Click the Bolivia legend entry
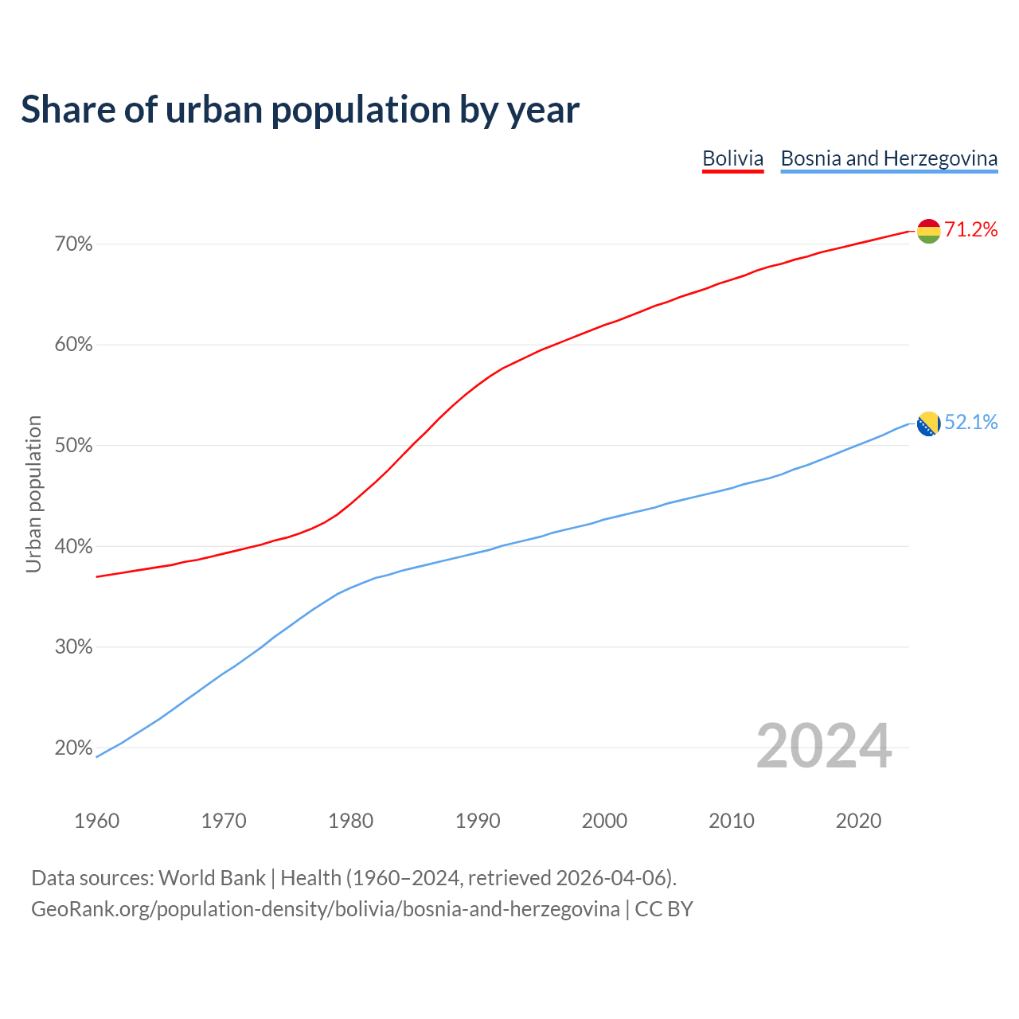732,158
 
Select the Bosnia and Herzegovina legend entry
888,158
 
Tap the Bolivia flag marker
928,231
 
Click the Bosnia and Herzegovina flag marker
928,424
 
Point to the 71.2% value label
970,230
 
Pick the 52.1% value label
970,423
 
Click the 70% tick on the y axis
73,244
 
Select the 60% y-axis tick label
73,345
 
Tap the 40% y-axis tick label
73,547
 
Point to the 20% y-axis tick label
73,748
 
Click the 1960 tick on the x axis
97,821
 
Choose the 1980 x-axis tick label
351,821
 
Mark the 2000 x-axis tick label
605,821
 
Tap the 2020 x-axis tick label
858,821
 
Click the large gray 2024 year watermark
824,746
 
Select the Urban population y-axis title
33,494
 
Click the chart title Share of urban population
300,109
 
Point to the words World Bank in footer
212,878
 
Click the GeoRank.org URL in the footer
325,909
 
